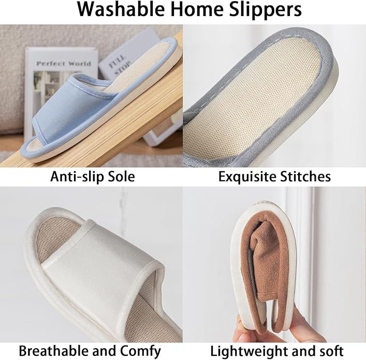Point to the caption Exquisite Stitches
pos(274,177)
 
